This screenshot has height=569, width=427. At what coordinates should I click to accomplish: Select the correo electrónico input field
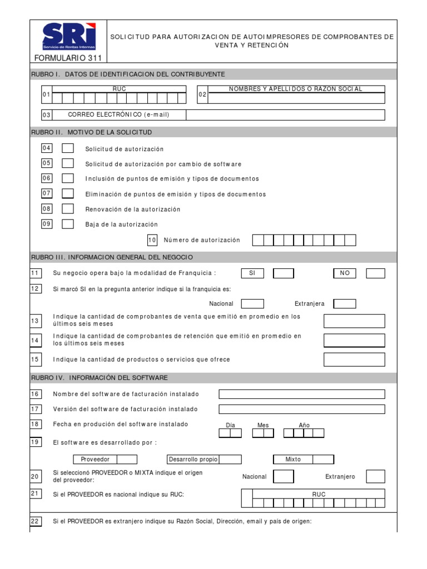click(285, 115)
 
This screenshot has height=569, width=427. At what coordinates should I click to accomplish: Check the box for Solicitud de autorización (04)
click(67, 148)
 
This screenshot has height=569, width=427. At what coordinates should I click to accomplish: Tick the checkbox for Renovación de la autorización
click(67, 209)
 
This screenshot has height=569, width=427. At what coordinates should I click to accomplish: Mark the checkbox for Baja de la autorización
click(67, 224)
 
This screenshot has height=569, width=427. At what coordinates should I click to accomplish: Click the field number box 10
click(152, 240)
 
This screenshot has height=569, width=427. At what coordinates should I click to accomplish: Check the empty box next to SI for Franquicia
click(284, 273)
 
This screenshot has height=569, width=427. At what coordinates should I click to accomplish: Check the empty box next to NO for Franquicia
click(375, 273)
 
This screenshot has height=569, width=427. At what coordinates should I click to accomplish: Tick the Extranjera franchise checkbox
click(344, 304)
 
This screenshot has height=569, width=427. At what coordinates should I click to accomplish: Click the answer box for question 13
click(354, 321)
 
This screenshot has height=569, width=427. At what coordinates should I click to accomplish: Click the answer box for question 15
click(354, 360)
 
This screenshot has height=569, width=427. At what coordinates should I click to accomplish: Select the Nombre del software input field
click(301, 394)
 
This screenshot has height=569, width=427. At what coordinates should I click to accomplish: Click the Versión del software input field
click(301, 409)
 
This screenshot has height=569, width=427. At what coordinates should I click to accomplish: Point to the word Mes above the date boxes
click(263, 425)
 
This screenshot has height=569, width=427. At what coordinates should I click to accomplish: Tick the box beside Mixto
click(323, 460)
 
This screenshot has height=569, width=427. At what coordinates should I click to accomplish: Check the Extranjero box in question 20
click(375, 476)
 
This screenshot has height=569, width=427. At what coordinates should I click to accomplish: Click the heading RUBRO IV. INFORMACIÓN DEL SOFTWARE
click(100, 378)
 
